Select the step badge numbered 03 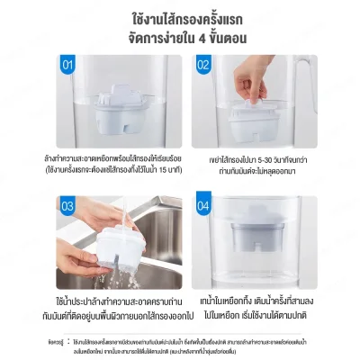point(67,206)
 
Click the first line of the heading point(179,19)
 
